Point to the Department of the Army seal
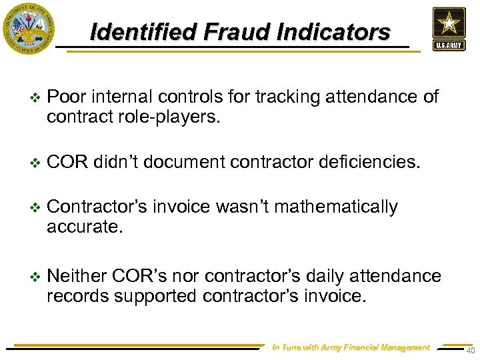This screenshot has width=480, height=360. click(x=29, y=28)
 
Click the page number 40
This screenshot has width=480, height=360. click(x=471, y=351)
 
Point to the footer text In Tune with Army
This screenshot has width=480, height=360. click(x=351, y=347)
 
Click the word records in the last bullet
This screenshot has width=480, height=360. click(x=79, y=295)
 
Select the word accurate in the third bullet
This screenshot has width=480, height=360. click(x=84, y=227)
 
